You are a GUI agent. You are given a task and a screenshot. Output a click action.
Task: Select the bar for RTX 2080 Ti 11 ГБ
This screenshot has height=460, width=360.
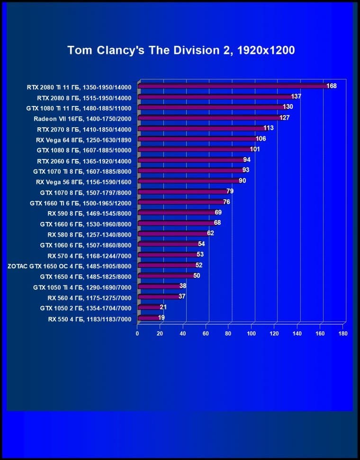[232, 86]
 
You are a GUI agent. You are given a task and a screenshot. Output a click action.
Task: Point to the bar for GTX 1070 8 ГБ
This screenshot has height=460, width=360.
[182, 192]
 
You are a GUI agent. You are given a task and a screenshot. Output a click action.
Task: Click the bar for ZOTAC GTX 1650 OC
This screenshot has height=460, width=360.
[166, 265]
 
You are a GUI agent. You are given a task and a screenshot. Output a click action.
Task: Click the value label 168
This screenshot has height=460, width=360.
[332, 86]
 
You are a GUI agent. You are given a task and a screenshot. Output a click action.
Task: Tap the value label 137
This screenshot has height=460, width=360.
[296, 97]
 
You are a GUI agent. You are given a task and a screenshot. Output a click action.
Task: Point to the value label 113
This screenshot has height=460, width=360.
[269, 128]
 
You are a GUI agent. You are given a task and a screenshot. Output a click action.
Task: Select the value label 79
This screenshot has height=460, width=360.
[230, 191]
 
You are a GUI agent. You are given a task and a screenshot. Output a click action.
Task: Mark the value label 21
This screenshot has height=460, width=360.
[163, 307]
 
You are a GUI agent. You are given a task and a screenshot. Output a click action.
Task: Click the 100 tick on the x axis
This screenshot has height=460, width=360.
[252, 334]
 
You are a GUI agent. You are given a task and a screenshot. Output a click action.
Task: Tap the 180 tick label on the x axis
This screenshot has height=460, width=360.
[343, 334]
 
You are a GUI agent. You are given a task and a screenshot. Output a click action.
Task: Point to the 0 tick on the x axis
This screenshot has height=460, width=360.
[137, 334]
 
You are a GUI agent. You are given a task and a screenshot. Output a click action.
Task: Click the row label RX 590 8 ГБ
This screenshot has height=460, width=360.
[89, 213]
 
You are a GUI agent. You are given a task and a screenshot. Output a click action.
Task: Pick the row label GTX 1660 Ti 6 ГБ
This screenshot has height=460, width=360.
[81, 203]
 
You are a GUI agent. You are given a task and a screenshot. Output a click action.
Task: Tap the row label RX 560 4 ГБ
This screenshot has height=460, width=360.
[89, 297]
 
